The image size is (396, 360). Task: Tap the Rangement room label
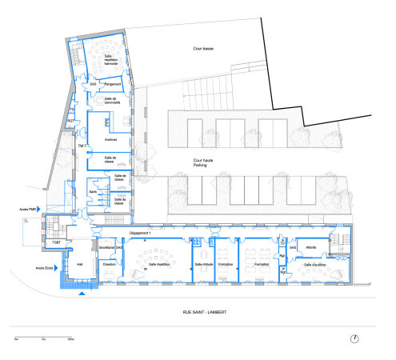click(x=112, y=83)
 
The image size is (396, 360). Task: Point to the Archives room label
click(x=111, y=139)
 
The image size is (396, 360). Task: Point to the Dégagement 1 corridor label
click(x=140, y=232)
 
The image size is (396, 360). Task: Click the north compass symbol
click(x=354, y=338)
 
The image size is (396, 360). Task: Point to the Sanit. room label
click(x=94, y=192)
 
